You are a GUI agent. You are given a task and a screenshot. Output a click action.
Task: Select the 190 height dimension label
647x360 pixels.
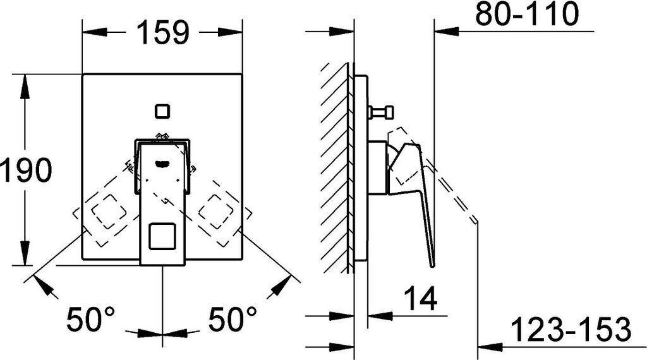[25, 171]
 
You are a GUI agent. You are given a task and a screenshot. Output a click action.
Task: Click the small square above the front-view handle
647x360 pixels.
[162, 112]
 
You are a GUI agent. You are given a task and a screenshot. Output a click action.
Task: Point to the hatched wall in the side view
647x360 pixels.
[335, 167]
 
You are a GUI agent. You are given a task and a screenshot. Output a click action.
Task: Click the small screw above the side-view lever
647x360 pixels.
[379, 113]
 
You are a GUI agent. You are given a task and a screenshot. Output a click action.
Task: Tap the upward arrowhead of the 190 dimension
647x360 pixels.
[25, 85]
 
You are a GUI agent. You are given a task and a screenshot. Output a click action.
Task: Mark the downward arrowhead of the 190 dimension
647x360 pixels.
[25, 256]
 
